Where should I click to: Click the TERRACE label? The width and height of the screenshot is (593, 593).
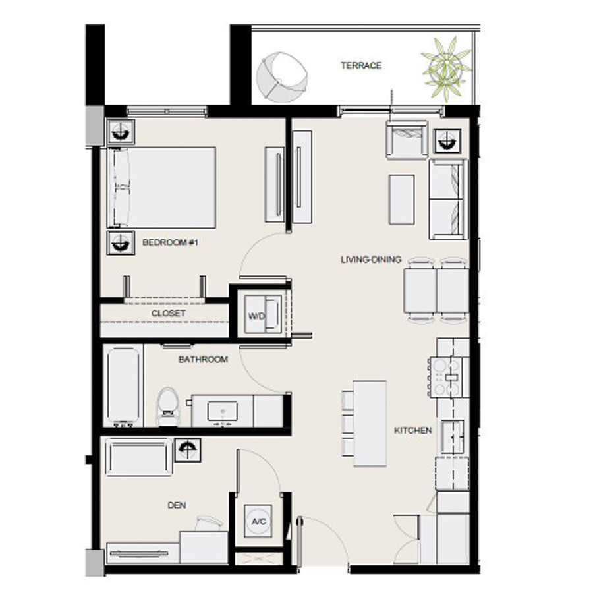tap(361, 65)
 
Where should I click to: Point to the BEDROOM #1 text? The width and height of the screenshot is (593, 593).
tap(171, 242)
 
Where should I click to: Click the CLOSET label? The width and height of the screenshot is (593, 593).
tap(168, 314)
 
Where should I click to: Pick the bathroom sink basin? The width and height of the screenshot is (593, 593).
tap(223, 411)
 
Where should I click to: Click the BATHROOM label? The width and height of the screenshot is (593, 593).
tap(203, 360)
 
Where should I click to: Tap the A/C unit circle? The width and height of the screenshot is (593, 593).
tap(258, 521)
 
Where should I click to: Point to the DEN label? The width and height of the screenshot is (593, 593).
tap(176, 505)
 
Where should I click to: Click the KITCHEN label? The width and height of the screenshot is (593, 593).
tap(413, 430)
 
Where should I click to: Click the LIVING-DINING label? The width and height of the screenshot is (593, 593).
tap(371, 260)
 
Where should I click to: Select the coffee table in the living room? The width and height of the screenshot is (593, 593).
tap(402, 198)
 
